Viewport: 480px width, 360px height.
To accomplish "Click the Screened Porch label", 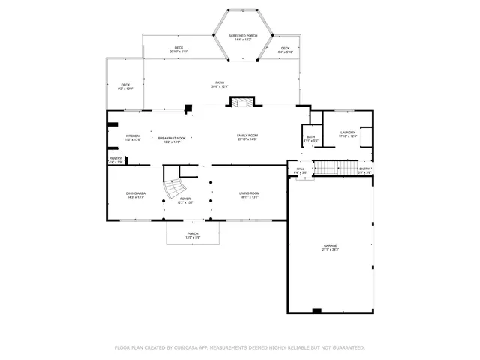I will [244, 35].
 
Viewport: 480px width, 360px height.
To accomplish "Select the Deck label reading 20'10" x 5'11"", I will [178, 49].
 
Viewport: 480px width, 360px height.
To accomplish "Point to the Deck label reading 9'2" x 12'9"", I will [125, 85].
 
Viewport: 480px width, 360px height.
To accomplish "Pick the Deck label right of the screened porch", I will [286, 49].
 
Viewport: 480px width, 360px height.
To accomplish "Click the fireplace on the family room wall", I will [241, 103].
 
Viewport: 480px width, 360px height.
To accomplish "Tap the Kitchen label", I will [133, 136].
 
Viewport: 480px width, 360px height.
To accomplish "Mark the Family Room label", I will [247, 136].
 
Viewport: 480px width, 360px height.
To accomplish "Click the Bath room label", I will [310, 137].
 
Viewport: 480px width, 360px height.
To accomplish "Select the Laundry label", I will [348, 133].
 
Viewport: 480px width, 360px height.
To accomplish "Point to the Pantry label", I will [115, 158].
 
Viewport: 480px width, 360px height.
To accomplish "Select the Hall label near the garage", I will [300, 169].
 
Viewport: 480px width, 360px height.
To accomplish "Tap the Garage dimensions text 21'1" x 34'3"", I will [331, 249].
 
